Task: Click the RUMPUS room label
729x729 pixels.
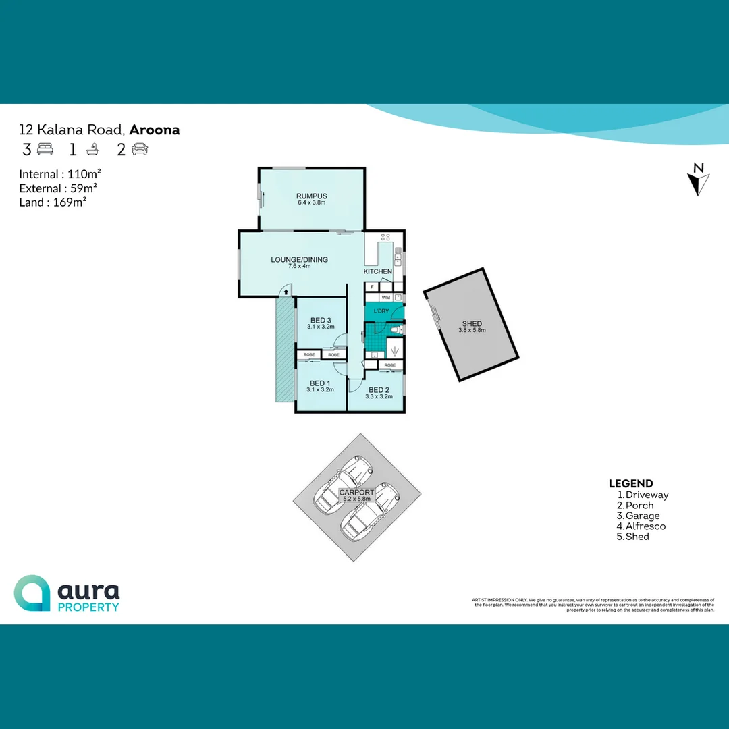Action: tap(310, 196)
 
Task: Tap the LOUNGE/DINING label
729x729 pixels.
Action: tap(299, 259)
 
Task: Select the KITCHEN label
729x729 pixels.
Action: tap(378, 271)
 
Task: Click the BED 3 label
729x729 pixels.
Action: tap(321, 320)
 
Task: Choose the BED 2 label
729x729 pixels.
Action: tap(379, 390)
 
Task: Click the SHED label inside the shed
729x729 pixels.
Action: tap(472, 324)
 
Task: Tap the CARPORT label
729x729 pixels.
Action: tap(356, 493)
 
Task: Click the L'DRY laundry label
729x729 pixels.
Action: tap(381, 311)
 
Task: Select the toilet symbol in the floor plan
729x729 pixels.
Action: tap(398, 329)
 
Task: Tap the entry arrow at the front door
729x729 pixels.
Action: tap(286, 292)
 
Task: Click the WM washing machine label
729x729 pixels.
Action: tap(385, 297)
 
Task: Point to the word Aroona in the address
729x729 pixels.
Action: tap(155, 130)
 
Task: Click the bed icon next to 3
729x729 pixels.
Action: tap(45, 149)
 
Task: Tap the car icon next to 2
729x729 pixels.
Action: tap(140, 149)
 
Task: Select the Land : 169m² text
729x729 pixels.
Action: tap(53, 202)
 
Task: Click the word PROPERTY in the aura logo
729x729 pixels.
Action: tap(88, 607)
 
